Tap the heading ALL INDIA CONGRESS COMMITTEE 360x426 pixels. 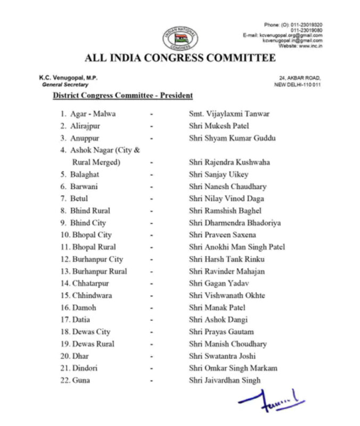(x=180, y=58)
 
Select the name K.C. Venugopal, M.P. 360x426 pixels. (x=68, y=78)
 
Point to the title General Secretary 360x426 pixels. (x=65, y=85)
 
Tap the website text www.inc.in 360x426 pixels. (x=310, y=46)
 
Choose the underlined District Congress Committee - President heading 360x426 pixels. (x=122, y=95)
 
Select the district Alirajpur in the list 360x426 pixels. (x=85, y=126)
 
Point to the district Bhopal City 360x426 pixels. (x=91, y=235)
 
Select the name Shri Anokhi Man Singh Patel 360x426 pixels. (x=237, y=247)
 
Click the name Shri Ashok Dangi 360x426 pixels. (x=218, y=319)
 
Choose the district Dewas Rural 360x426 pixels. (x=92, y=344)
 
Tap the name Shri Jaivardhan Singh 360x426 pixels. (x=225, y=380)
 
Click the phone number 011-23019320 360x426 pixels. (x=306, y=25)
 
